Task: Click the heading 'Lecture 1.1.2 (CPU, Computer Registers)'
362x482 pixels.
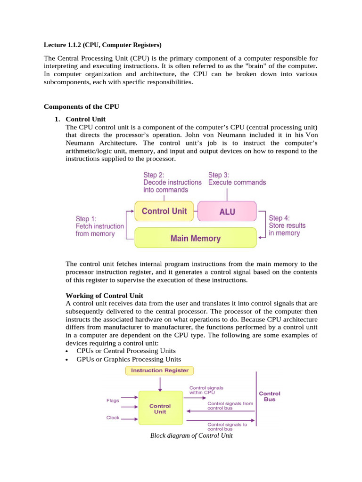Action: click(102, 45)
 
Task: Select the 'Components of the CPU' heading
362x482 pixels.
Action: click(81, 107)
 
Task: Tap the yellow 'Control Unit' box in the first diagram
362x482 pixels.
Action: click(164, 211)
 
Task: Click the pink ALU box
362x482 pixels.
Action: click(227, 212)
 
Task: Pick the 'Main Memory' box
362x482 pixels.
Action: click(195, 238)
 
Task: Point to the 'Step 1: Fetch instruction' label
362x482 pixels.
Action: click(99, 226)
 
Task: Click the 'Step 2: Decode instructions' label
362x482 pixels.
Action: click(172, 182)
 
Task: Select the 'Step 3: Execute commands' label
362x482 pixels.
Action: click(237, 178)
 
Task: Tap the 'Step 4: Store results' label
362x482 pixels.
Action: click(287, 225)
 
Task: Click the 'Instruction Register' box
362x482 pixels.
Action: click(159, 370)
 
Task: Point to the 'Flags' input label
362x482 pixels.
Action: click(112, 401)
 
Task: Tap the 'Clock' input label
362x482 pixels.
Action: click(113, 418)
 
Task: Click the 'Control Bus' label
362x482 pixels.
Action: click(270, 396)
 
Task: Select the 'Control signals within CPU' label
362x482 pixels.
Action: click(206, 390)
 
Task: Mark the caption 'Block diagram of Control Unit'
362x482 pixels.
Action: click(191, 436)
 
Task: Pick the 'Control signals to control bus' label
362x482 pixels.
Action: click(227, 426)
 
